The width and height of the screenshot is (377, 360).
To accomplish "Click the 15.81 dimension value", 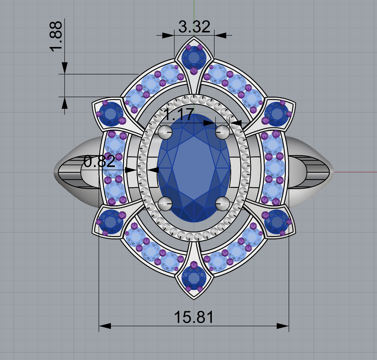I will (x=194, y=317).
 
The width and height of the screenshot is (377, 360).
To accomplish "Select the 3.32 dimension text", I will (x=194, y=27).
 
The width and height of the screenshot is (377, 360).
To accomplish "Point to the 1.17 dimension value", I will (x=178, y=115).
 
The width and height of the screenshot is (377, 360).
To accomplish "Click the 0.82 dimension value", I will (x=99, y=162).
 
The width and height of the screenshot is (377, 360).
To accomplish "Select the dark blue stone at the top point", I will (x=194, y=58).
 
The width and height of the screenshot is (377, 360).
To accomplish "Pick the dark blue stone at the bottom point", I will (x=194, y=278).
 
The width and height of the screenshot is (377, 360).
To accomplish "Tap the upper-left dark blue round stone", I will (x=111, y=114).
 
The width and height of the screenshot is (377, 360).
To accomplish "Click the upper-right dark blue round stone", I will (x=276, y=114).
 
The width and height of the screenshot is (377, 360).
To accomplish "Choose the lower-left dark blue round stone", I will (x=111, y=222).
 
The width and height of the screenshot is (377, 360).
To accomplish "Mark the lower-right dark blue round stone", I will (x=276, y=222).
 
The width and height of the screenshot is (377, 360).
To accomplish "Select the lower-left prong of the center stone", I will (x=165, y=203).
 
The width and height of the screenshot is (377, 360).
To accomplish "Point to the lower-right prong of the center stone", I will (x=222, y=203).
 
